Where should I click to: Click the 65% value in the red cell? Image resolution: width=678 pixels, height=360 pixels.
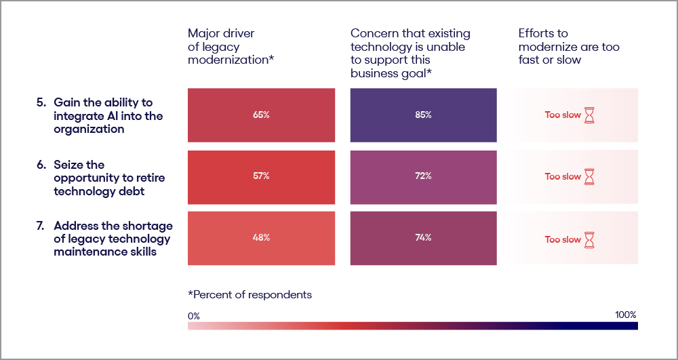pyautogui.click(x=261, y=115)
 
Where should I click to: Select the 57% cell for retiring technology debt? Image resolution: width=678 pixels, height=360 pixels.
pyautogui.click(x=261, y=176)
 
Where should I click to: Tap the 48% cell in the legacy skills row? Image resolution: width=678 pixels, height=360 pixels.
pyautogui.click(x=261, y=238)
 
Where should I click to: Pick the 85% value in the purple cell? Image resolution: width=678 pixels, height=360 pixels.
pyautogui.click(x=423, y=115)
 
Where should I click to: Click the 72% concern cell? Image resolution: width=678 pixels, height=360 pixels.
pyautogui.click(x=423, y=176)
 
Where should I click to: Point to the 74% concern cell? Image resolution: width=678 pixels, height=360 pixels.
pyautogui.click(x=423, y=238)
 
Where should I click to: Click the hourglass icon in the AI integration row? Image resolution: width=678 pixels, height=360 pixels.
pyautogui.click(x=590, y=116)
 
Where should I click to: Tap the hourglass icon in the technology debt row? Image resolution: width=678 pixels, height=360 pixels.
pyautogui.click(x=590, y=177)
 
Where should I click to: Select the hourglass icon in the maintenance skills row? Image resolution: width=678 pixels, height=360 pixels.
pyautogui.click(x=590, y=239)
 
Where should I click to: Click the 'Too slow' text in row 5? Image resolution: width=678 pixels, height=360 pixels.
pyautogui.click(x=563, y=115)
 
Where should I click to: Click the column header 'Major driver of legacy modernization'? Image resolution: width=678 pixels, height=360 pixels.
pyautogui.click(x=231, y=46)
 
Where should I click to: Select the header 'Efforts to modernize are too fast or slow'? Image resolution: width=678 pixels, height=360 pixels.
pyautogui.click(x=569, y=46)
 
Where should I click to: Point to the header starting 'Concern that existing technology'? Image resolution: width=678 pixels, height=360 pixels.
pyautogui.click(x=410, y=53)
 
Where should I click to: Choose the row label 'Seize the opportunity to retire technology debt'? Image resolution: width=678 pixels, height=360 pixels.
pyautogui.click(x=108, y=178)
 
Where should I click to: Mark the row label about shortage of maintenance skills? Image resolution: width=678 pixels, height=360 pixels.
pyautogui.click(x=112, y=239)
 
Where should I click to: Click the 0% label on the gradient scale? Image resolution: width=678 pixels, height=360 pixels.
pyautogui.click(x=194, y=316)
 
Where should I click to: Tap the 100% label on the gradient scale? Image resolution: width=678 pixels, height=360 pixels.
pyautogui.click(x=625, y=315)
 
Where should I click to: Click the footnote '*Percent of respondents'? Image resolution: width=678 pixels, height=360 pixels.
pyautogui.click(x=250, y=295)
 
